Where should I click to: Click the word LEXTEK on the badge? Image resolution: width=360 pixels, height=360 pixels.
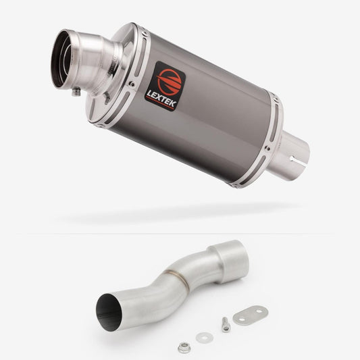[161, 99]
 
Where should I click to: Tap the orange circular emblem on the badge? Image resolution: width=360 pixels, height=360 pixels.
[170, 81]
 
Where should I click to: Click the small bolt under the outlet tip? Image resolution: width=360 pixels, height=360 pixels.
[76, 92]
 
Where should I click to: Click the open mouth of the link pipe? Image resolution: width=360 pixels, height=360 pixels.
[108, 313]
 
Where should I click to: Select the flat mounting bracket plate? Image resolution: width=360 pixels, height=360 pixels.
[251, 315]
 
